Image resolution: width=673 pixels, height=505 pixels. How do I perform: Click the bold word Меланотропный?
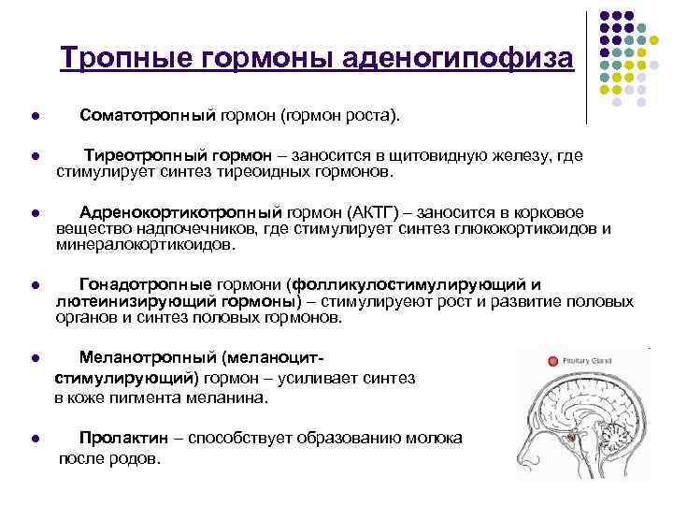[150, 358]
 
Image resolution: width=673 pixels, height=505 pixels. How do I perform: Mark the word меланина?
[236, 397]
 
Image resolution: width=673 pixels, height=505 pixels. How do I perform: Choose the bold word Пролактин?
[125, 437]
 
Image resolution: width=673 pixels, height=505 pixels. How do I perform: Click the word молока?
[437, 437]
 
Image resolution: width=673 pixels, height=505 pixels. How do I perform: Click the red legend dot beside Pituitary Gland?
[553, 360]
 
